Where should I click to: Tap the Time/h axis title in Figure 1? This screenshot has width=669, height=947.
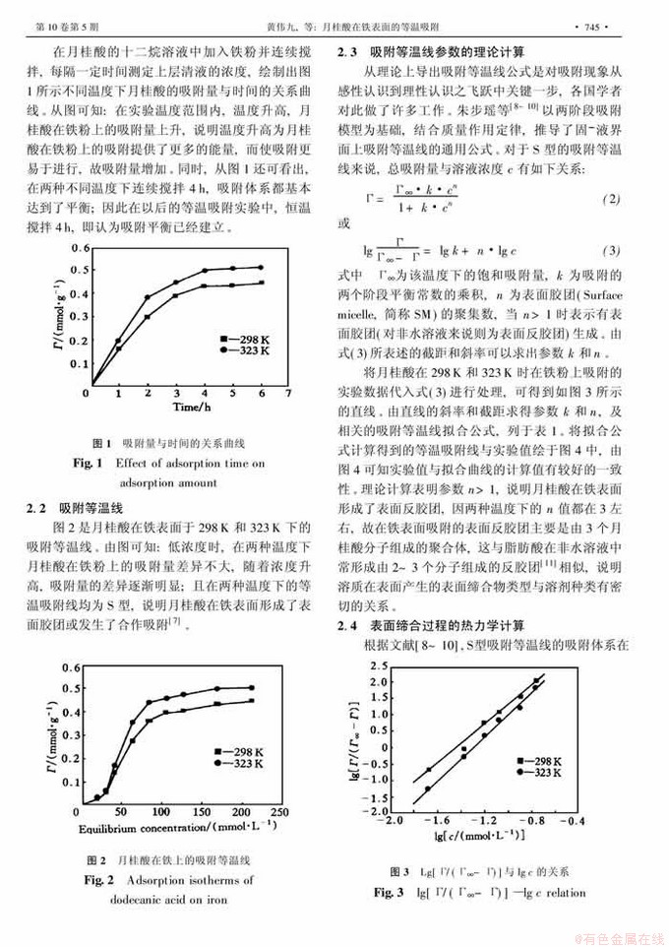coord(187,406)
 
